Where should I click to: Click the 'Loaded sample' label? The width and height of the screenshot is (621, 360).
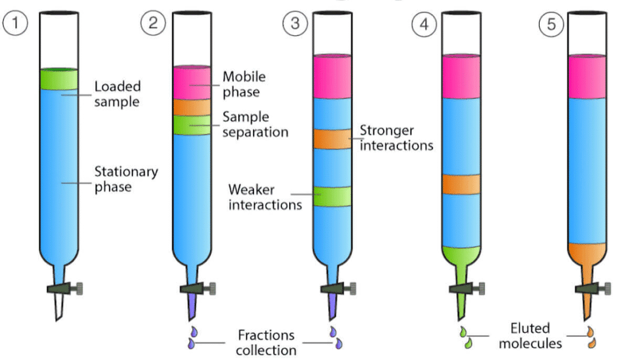coord(116,94)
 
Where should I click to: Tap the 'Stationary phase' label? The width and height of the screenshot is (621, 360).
coord(125,179)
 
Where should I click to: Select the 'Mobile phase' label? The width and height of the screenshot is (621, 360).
coord(244,84)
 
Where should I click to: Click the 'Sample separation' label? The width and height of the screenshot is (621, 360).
coord(255,124)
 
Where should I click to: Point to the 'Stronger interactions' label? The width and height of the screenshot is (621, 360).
coord(396,138)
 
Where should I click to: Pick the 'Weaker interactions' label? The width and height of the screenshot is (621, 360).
coord(264,196)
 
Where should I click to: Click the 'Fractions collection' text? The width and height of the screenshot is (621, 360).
coord(266,342)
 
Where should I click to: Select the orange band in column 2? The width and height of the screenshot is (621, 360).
coord(192,107)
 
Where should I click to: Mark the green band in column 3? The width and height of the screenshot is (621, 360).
coord(332,196)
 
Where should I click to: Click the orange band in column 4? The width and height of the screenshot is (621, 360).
coord(461,184)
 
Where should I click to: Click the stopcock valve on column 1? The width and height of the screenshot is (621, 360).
coord(63,288)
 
